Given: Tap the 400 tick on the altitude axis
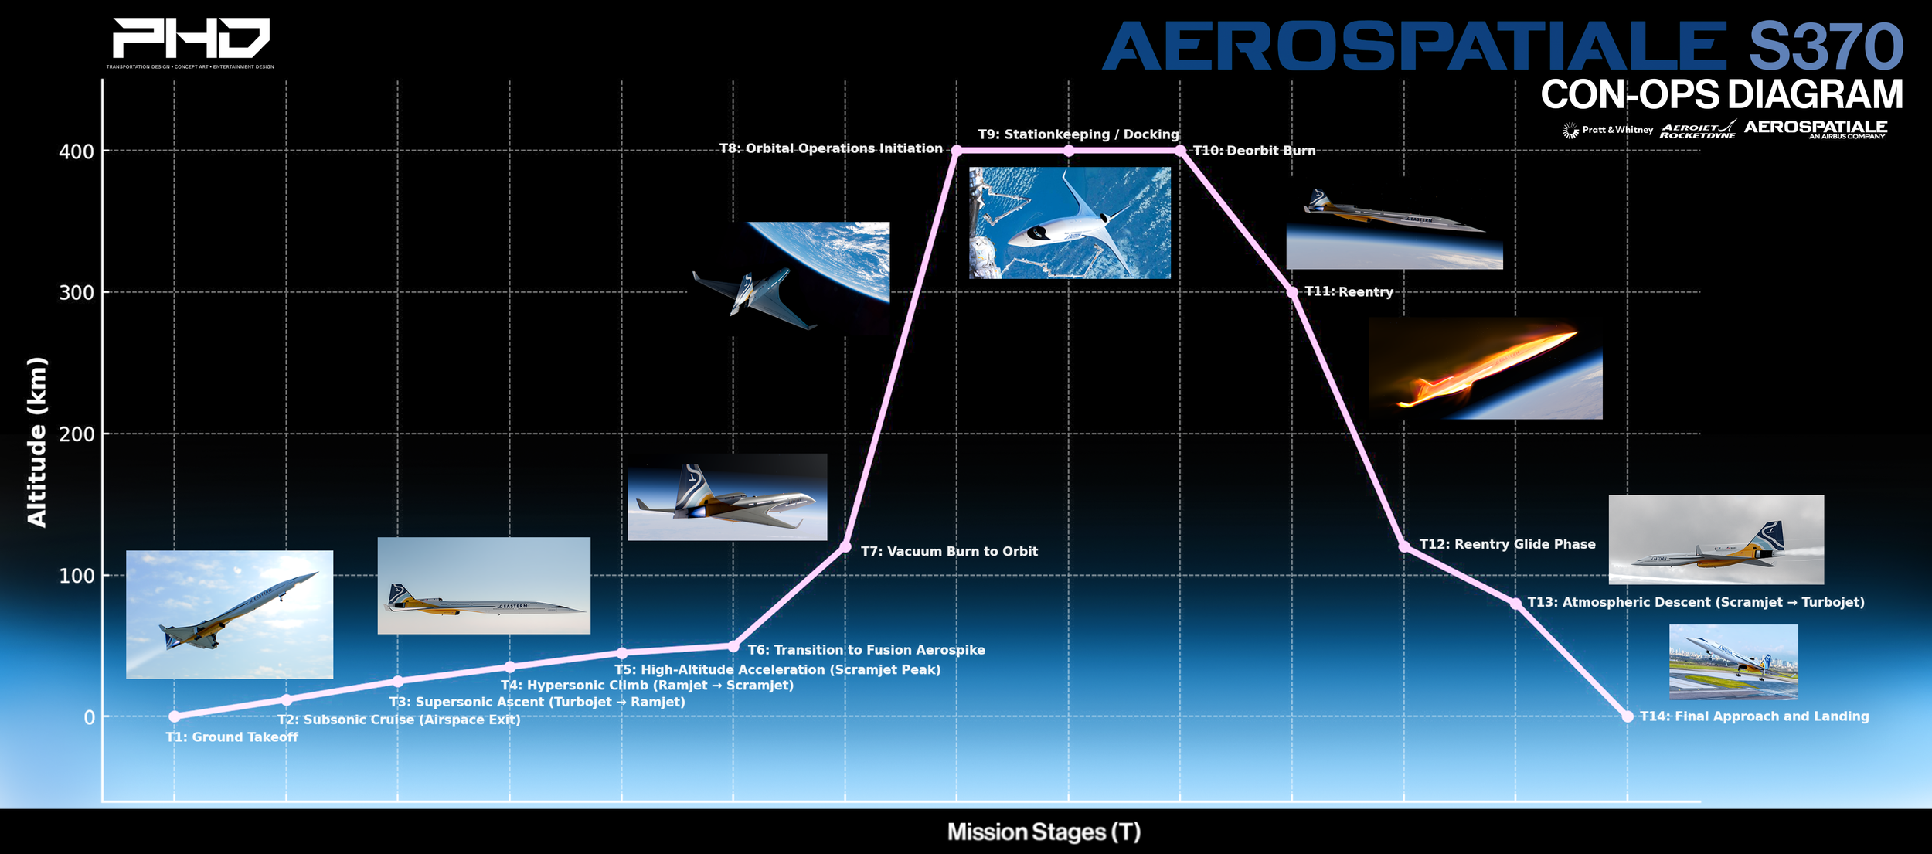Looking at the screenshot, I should pos(77,151).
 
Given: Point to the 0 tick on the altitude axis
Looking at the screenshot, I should pos(90,717).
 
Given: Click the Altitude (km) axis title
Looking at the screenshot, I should pos(37,442).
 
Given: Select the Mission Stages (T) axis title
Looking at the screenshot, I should pos(1043,832).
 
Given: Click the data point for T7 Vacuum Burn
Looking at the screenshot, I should pos(845,547).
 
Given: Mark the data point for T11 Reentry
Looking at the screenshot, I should pos(1292,292).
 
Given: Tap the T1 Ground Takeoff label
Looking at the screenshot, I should pos(232,737).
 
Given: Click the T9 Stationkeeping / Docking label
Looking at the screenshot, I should pos(1078,134).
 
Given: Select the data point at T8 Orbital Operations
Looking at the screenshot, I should pos(957,151).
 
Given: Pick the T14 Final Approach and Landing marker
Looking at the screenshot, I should pos(1628,716).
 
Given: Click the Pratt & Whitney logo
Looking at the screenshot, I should pos(1607,130).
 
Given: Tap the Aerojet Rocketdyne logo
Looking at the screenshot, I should pos(1697,130).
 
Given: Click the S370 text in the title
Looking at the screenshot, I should pos(1825,46).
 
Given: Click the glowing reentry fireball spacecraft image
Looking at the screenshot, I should pos(1485,369).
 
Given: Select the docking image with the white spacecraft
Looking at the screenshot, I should pos(1070,223).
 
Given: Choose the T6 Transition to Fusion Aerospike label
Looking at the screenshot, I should pos(866,650).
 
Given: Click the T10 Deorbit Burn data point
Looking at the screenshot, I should pos(1180,151).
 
